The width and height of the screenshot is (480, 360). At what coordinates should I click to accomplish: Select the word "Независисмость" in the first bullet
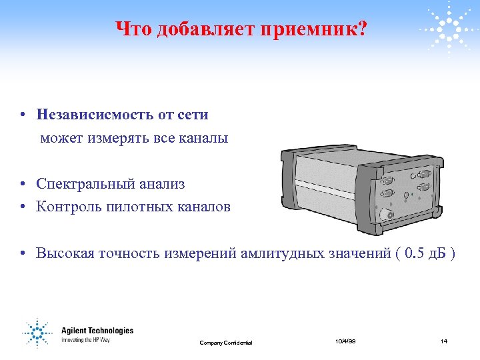[x=95, y=115]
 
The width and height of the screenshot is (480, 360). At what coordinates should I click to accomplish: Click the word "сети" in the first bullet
[x=193, y=115]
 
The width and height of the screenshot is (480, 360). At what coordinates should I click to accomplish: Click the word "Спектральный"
[x=81, y=183]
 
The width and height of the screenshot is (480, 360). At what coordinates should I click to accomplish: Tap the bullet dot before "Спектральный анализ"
[x=23, y=184]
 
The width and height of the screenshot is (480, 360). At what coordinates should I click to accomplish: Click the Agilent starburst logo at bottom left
[x=37, y=334]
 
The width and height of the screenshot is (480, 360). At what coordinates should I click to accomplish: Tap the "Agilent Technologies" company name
[x=97, y=331]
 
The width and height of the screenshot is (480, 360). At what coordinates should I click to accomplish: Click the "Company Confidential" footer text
[x=226, y=343]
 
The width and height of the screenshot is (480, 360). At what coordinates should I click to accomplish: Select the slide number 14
[x=443, y=341]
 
